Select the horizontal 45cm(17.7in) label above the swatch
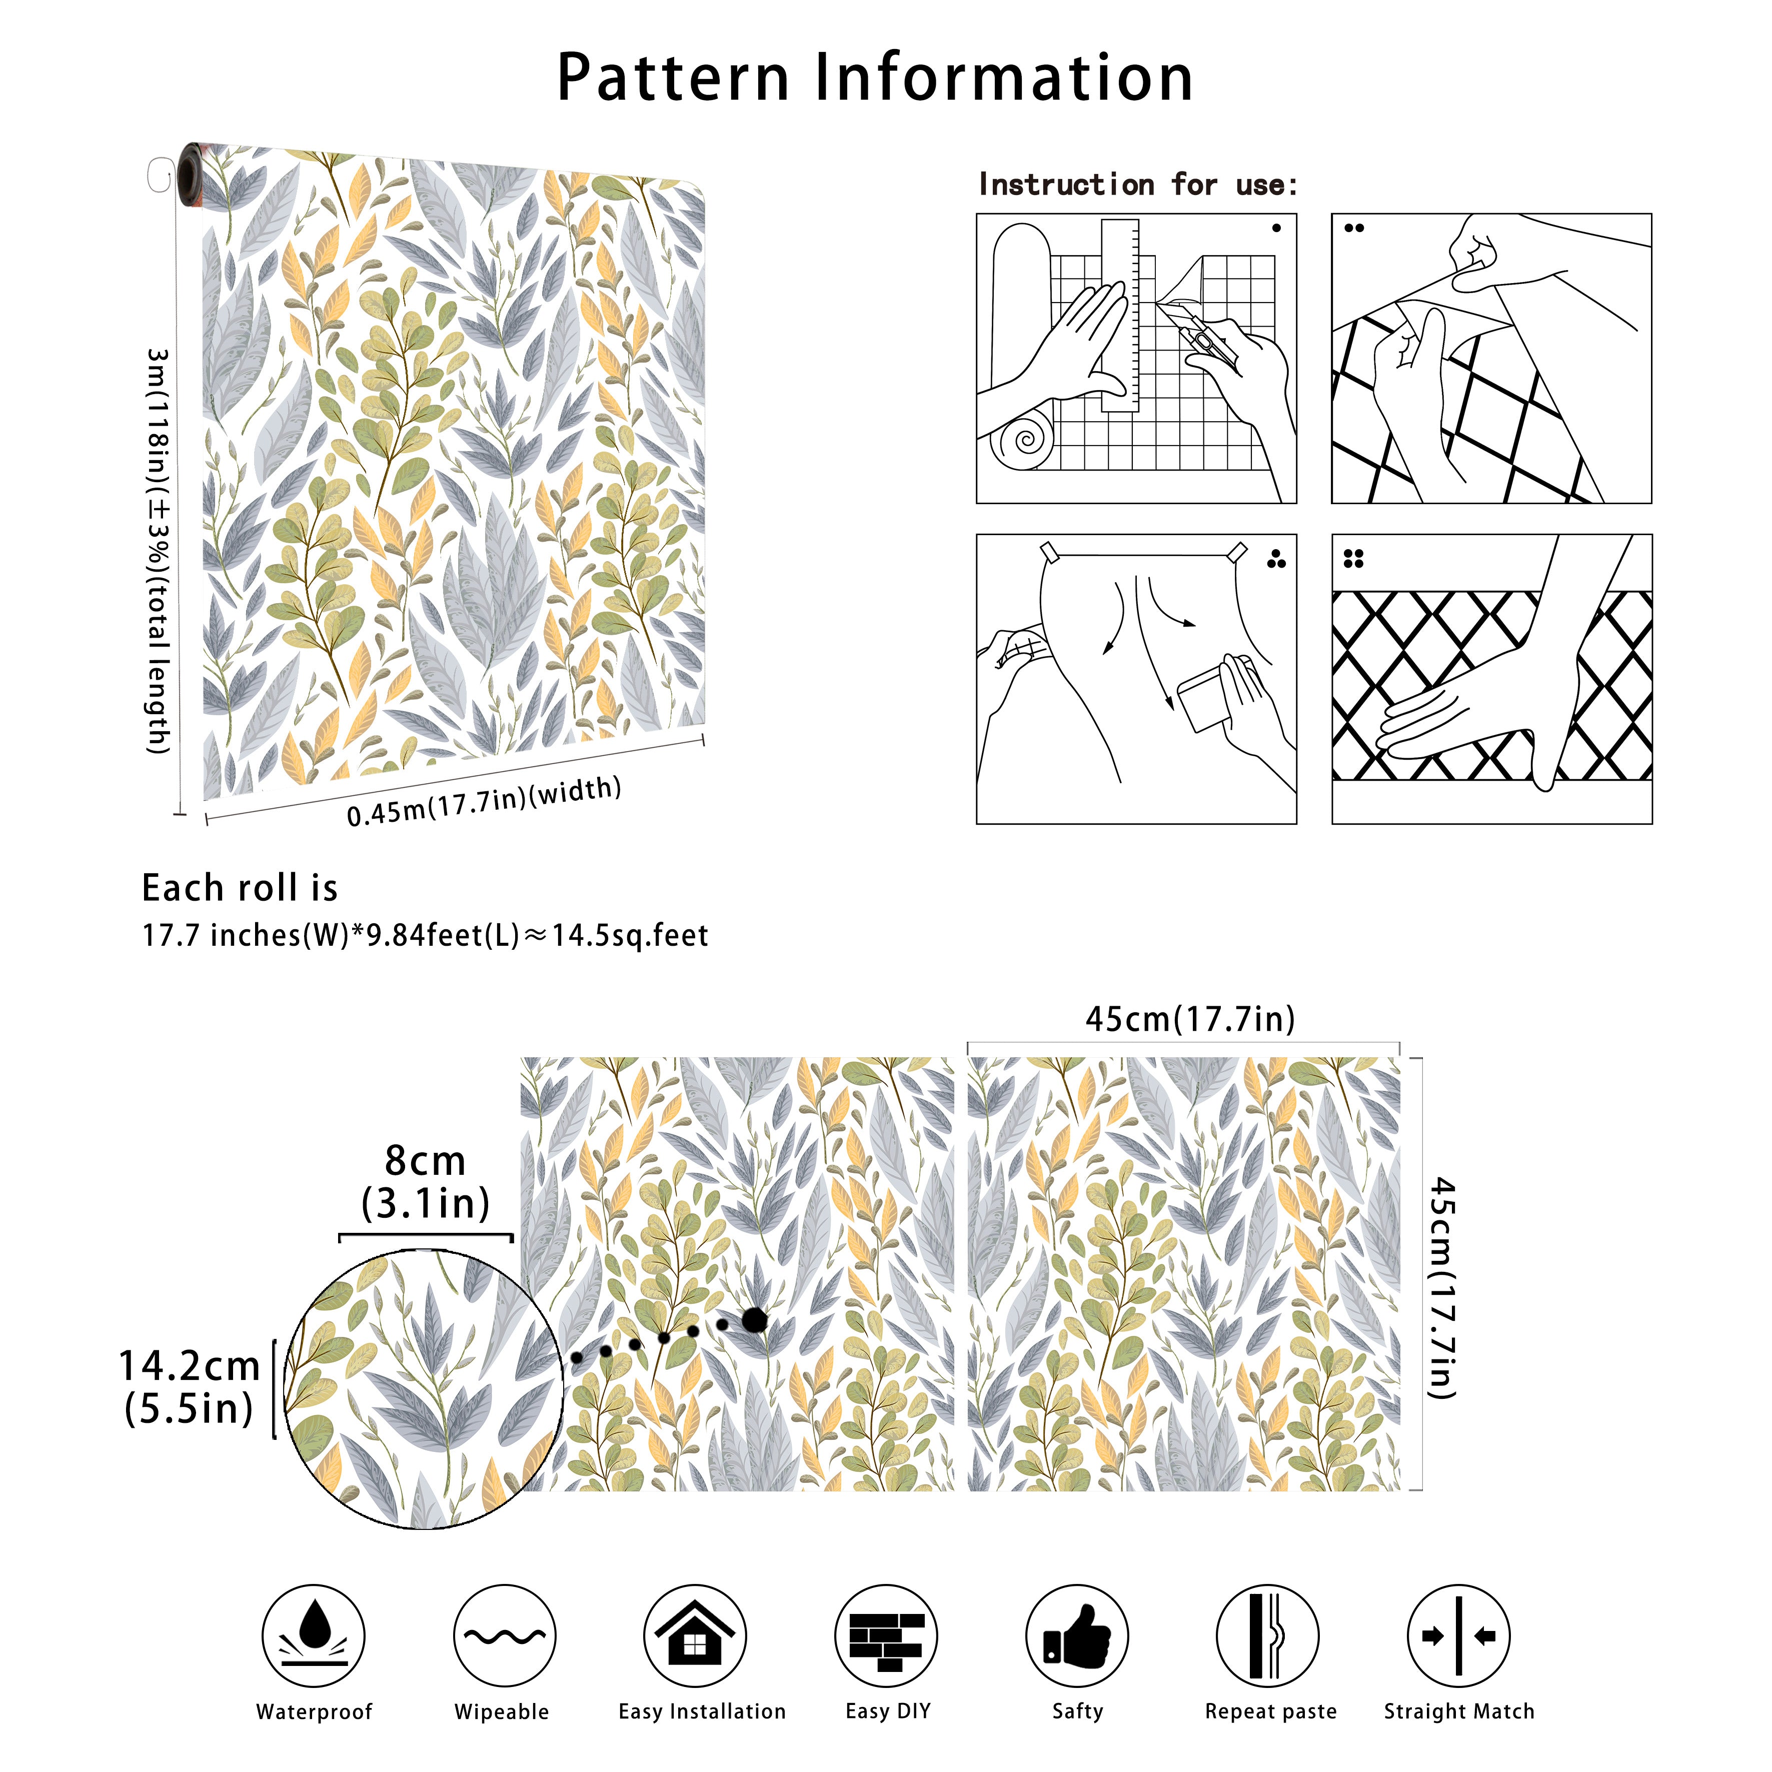[1190, 1019]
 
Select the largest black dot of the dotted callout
[755, 1320]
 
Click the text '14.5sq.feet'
[630, 936]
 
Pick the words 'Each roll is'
[240, 888]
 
